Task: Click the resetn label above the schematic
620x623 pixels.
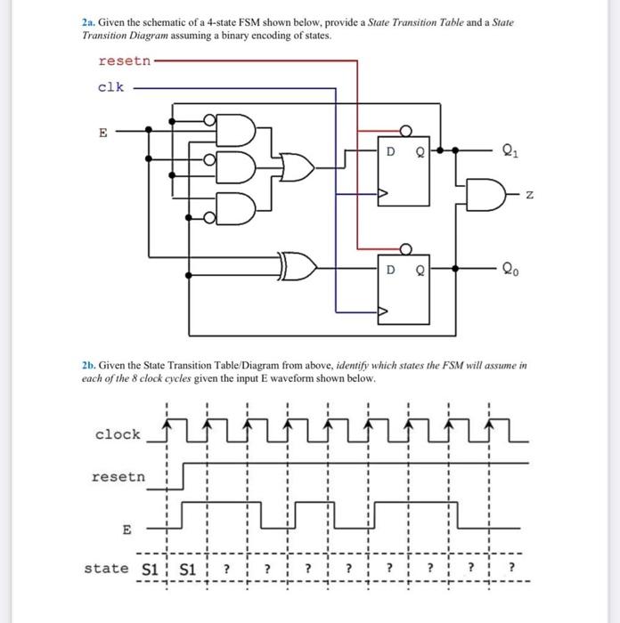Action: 124,61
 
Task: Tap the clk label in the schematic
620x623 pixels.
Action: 111,87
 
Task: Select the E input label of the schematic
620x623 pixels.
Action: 102,133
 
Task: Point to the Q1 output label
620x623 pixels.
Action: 510,150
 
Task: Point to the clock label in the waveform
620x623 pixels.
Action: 118,434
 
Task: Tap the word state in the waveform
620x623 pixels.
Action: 106,568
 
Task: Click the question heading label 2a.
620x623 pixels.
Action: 87,20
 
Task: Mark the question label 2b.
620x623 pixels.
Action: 87,365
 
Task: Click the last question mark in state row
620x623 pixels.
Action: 512,568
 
